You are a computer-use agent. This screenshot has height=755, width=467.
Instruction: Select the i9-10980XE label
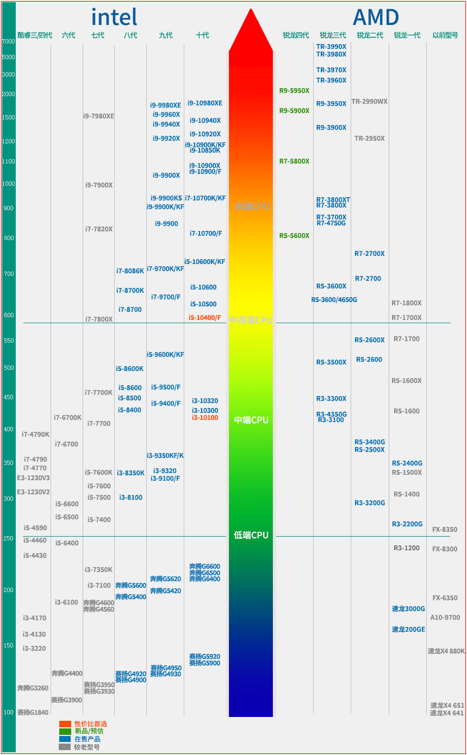click(x=205, y=103)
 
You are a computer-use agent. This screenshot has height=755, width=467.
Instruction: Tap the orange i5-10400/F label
click(x=205, y=317)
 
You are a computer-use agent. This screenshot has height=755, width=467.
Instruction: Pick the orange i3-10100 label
click(x=205, y=418)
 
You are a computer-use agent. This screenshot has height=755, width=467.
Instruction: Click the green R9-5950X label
click(x=294, y=91)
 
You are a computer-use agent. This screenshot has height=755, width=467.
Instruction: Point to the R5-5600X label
click(x=294, y=236)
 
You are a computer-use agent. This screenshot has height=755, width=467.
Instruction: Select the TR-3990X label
click(x=331, y=47)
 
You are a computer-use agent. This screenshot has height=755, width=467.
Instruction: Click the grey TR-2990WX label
click(x=369, y=102)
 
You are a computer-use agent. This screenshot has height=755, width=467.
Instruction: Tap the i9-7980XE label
click(x=98, y=116)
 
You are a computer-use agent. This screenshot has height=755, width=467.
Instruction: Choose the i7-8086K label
click(x=130, y=270)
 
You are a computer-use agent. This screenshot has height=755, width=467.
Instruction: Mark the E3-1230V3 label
click(x=33, y=478)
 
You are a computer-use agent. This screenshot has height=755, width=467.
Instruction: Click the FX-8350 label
click(x=445, y=530)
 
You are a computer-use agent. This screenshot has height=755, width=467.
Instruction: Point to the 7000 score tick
click(x=8, y=41)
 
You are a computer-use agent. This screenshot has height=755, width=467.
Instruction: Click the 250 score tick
click(x=8, y=538)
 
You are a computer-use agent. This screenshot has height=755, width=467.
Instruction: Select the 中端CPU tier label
click(x=251, y=420)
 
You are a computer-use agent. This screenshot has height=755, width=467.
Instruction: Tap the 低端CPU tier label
click(x=251, y=535)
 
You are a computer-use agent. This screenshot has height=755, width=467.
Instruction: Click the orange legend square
click(x=65, y=724)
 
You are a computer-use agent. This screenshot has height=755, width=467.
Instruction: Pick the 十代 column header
click(x=202, y=35)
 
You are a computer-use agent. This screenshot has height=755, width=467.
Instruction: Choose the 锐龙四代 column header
click(x=296, y=35)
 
